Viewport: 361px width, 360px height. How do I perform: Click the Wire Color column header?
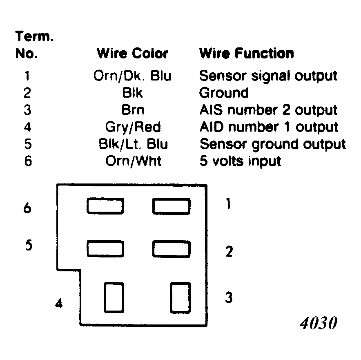coord(132,54)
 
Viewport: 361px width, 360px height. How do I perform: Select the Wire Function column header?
coord(246,54)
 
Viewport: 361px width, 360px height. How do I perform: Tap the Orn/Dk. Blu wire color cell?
coord(132,76)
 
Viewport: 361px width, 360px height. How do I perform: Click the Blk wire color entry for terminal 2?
coord(132,93)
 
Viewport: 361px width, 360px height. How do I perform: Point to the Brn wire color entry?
coord(133,110)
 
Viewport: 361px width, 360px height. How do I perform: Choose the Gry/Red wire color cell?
coord(133,127)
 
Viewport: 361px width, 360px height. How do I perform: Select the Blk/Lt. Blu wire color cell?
coord(133,144)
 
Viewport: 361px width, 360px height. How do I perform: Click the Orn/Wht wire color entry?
coord(133,161)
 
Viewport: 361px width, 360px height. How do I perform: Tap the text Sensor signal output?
coord(268,76)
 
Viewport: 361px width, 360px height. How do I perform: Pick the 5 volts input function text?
coord(241,161)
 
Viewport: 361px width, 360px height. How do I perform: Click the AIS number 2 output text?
coord(268,110)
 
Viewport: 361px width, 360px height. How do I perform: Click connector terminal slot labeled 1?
coord(172,206)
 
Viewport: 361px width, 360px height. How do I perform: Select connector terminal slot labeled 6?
coord(105,206)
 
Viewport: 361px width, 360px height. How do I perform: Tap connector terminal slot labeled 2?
coord(172,249)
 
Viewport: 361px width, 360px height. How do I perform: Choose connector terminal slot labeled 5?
coord(105,249)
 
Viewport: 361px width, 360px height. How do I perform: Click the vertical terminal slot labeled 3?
coord(180,298)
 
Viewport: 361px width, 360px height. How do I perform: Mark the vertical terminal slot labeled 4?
coord(114,297)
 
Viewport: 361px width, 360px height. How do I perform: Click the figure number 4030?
coord(319,323)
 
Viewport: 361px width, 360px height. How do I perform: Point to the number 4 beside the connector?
coord(59,303)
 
